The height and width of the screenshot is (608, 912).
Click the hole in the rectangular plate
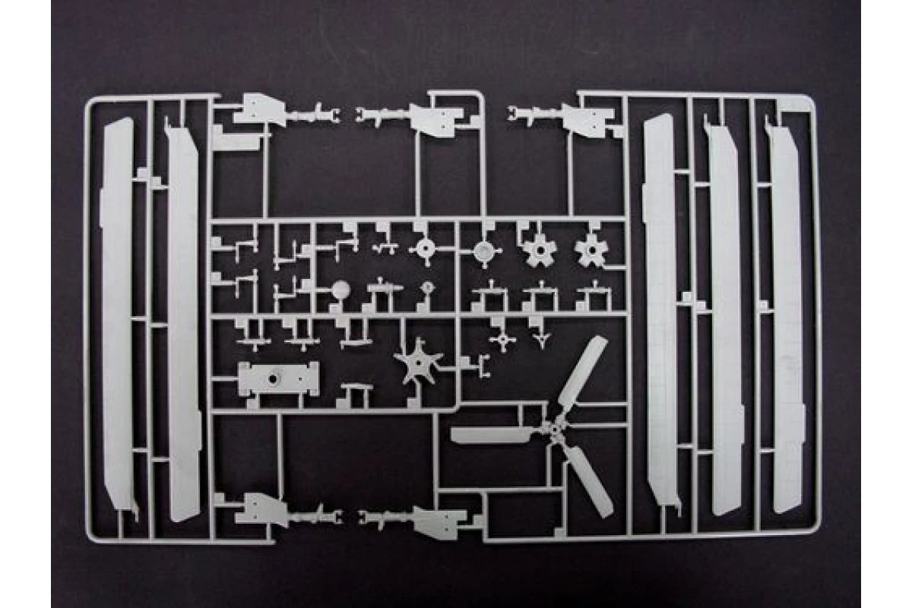(275, 375)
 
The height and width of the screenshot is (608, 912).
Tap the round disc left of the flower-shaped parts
(482, 250)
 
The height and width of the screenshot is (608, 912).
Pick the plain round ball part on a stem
(340, 288)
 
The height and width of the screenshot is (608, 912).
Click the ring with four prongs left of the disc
(424, 249)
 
